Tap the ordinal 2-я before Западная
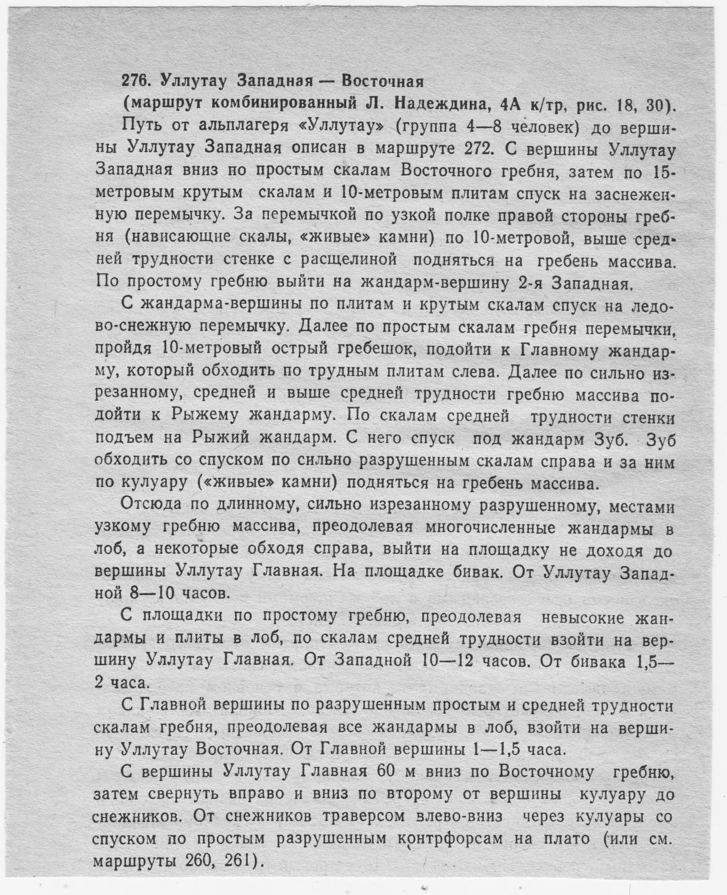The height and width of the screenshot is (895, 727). click(529, 283)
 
